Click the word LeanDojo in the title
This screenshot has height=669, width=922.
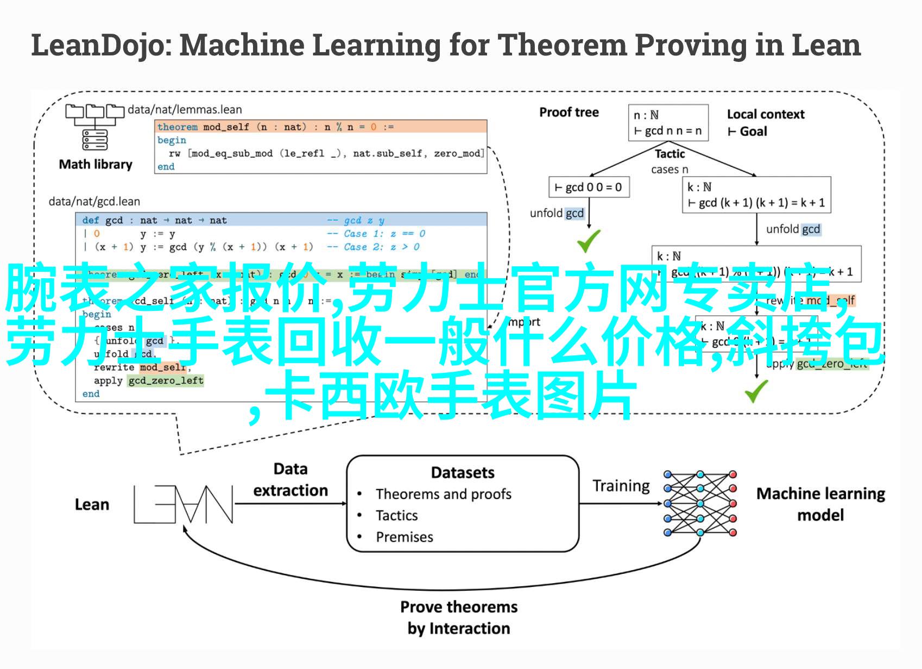click(98, 46)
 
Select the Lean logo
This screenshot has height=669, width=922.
click(183, 504)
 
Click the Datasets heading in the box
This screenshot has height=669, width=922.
click(463, 473)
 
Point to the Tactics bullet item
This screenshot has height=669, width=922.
click(396, 515)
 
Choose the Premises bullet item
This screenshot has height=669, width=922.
click(404, 537)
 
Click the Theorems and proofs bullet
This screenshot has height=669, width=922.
click(443, 494)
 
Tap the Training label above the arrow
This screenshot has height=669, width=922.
click(621, 485)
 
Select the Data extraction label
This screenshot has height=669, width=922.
click(291, 479)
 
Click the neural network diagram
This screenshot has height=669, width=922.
click(700, 503)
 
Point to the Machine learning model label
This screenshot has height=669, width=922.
click(820, 504)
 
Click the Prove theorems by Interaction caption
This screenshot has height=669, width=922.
click(459, 617)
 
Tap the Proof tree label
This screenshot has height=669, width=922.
click(569, 112)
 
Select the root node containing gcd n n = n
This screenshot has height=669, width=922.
click(668, 123)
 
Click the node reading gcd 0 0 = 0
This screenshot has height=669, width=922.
click(588, 187)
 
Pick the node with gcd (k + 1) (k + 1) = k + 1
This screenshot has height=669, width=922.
click(756, 195)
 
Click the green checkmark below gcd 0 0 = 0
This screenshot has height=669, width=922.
click(588, 241)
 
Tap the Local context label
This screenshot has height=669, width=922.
click(766, 114)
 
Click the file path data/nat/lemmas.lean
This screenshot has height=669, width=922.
click(185, 110)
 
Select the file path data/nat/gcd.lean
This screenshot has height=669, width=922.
click(94, 202)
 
